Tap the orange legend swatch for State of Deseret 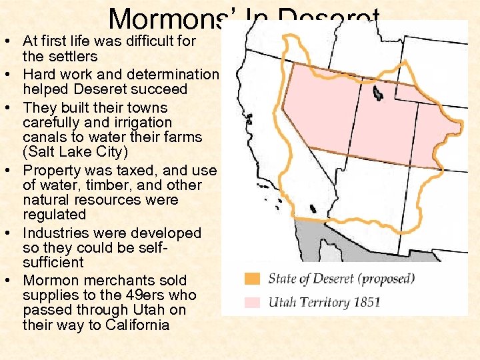[252, 279]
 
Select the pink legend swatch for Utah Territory [252, 302]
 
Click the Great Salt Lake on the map [378, 93]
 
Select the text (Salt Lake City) [75, 152]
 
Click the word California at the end [133, 325]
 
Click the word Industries [53, 233]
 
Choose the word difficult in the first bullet [133, 41]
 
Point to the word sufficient [53, 263]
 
